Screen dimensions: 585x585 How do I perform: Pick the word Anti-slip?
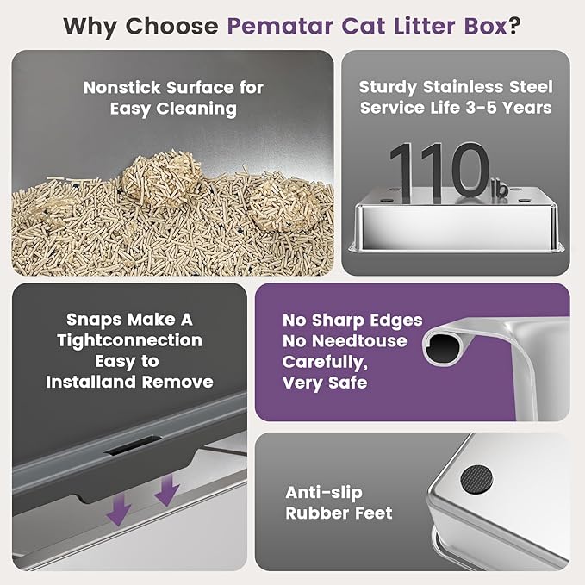tap(324, 493)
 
